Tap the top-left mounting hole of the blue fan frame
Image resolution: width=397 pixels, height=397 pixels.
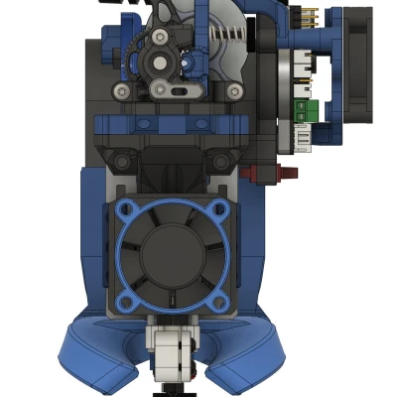[x=125, y=210]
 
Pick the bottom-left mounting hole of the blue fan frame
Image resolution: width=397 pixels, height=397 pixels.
[x=125, y=302]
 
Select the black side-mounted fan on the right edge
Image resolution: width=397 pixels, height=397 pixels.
[x=356, y=69]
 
